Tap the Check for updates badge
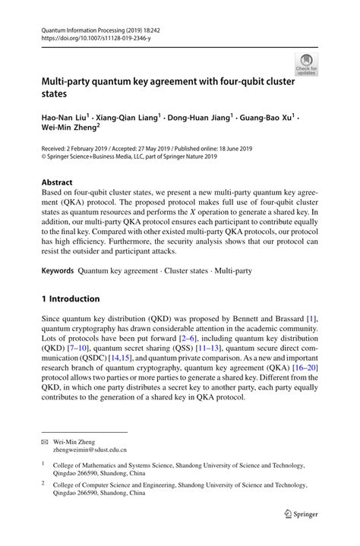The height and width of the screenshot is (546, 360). [x=306, y=65]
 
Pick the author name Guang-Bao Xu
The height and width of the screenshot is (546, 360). [x=267, y=118]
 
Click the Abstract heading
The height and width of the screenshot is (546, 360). [x=57, y=183]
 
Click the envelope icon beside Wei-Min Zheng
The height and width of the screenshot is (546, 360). [x=46, y=440]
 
